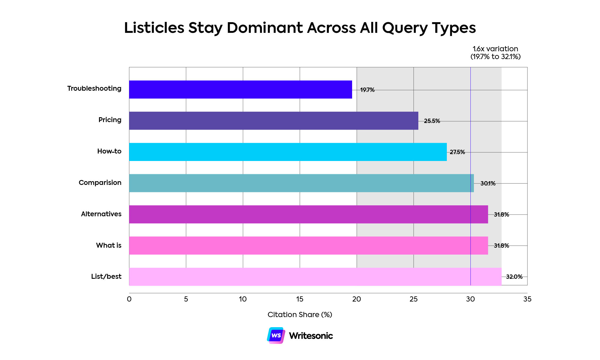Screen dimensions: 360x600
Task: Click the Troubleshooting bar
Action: point(240,90)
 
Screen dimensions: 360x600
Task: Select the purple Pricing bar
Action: point(274,121)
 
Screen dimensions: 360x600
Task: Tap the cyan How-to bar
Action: point(288,152)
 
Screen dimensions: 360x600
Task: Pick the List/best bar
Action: point(315,276)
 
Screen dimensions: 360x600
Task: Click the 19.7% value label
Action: point(367,90)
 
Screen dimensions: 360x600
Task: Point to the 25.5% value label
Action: point(432,121)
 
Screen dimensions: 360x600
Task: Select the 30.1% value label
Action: point(488,183)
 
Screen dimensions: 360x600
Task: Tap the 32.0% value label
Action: point(514,277)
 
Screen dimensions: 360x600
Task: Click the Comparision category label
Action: point(100,183)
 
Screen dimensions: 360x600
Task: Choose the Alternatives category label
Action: point(101,214)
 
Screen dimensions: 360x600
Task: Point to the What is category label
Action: point(109,245)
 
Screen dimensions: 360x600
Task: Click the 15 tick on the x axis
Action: point(300,299)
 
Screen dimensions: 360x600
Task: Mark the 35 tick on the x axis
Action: point(527,299)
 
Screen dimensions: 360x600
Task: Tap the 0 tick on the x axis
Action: point(129,299)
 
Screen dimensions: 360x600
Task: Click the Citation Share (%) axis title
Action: point(300,314)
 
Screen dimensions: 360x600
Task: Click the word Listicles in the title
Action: point(154,28)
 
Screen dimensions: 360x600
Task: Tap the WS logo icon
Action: point(276,336)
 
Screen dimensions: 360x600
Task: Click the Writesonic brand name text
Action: point(311,336)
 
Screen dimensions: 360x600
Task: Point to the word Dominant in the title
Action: point(265,28)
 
